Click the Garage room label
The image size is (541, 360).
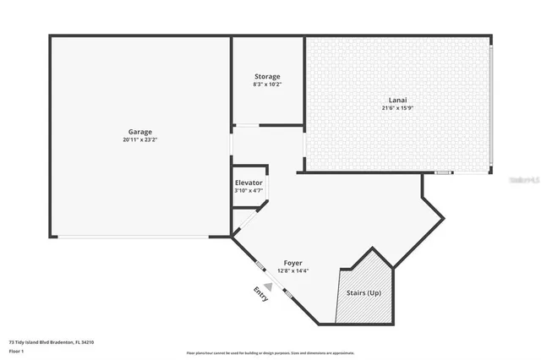pyautogui.click(x=140, y=132)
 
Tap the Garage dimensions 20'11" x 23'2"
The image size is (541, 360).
pyautogui.click(x=140, y=139)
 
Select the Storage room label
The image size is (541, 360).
pyautogui.click(x=267, y=77)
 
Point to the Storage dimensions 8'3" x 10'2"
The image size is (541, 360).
pyautogui.click(x=267, y=85)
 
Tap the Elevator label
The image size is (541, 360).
pyautogui.click(x=249, y=183)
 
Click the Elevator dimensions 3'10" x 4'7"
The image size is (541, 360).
pyautogui.click(x=249, y=190)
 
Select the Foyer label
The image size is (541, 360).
pyautogui.click(x=292, y=263)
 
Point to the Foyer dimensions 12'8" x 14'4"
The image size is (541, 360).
pyautogui.click(x=292, y=270)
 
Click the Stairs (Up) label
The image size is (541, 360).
pyautogui.click(x=363, y=293)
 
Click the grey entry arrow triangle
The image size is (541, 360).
pyautogui.click(x=267, y=286)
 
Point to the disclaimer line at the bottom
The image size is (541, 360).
pyautogui.click(x=270, y=352)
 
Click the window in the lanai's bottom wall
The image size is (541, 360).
pyautogui.click(x=444, y=172)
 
